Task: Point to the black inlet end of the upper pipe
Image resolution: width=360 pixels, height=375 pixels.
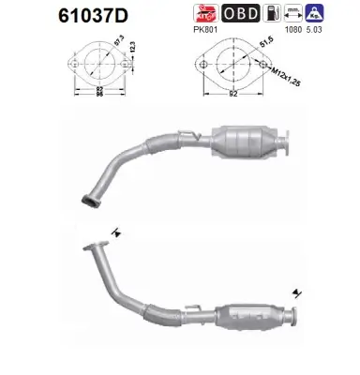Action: click(90, 197)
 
